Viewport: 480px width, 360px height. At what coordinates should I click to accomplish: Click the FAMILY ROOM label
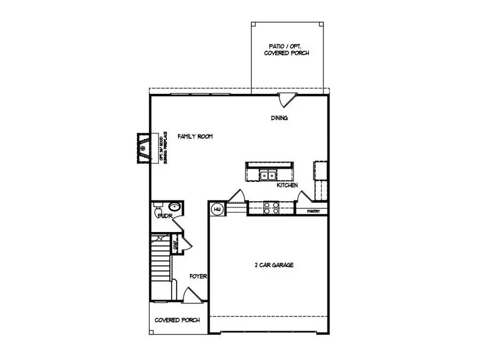tap(195, 137)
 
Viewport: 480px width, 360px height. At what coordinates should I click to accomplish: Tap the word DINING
tap(279, 118)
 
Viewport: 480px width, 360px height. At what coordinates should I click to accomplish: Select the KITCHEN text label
tap(287, 185)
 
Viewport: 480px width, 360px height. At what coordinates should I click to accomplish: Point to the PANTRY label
tap(314, 211)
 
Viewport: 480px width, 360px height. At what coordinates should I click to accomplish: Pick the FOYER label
tap(198, 276)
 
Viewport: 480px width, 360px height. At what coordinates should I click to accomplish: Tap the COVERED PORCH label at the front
tap(177, 320)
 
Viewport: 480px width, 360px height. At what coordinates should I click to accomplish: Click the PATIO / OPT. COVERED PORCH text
tap(286, 50)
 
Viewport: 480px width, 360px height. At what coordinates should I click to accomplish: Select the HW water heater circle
tap(218, 210)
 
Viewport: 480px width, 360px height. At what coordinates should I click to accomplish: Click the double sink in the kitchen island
tap(267, 174)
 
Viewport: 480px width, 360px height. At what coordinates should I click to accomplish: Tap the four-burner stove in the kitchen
tap(271, 207)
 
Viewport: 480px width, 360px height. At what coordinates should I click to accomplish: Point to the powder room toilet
tap(156, 214)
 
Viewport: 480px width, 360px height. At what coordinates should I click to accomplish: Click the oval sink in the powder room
tap(174, 207)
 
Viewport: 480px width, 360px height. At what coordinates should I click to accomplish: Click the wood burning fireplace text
tap(163, 148)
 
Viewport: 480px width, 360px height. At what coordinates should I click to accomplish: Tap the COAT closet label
tap(175, 246)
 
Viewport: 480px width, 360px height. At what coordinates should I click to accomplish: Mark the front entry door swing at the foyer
tap(190, 294)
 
